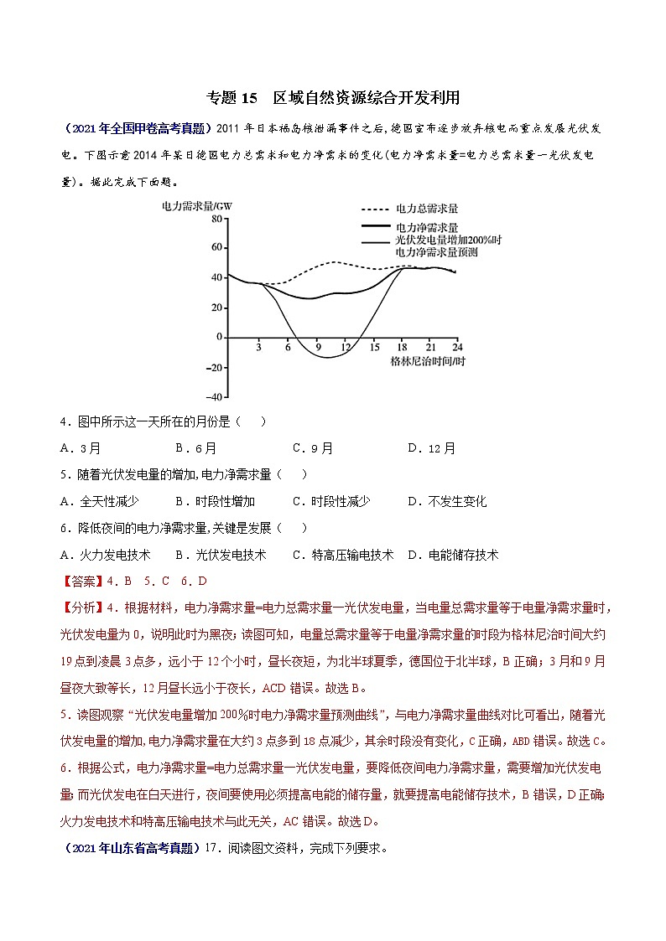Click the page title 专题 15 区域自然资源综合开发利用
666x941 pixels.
333,97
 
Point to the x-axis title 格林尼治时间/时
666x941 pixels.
427,361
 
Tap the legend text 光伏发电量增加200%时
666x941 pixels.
448,240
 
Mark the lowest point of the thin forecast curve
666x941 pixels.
326,358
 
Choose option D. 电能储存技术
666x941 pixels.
452,555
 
